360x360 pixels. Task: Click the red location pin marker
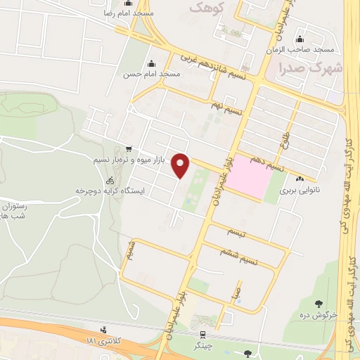click(x=181, y=165)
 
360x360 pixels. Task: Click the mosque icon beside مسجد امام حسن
click(x=150, y=64)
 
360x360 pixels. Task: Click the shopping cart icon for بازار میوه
click(x=128, y=149)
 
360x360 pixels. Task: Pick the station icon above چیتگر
click(x=202, y=335)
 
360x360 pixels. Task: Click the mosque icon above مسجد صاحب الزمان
click(x=300, y=39)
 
